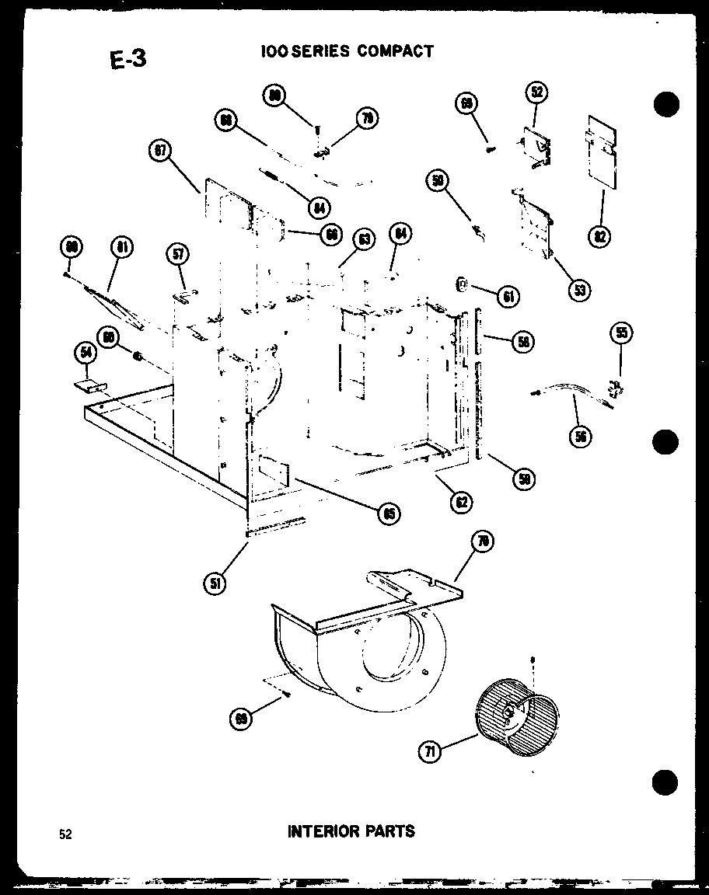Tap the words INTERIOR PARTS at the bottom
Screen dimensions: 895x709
click(x=351, y=831)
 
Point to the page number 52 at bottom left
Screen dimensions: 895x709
click(x=65, y=834)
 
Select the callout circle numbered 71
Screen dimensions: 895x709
click(x=431, y=751)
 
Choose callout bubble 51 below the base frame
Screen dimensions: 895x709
click(x=215, y=583)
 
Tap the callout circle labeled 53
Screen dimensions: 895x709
click(x=578, y=290)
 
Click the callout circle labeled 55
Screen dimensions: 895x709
click(x=621, y=333)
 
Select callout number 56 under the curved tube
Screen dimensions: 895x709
click(x=579, y=436)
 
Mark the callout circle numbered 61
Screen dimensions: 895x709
click(x=508, y=295)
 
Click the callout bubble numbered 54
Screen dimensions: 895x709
click(x=84, y=353)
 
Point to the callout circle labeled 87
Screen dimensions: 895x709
click(x=160, y=151)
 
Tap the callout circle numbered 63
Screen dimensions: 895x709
click(x=361, y=239)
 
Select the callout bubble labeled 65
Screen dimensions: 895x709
click(x=386, y=512)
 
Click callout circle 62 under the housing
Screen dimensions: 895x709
click(x=462, y=503)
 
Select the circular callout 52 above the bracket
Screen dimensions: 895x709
click(x=536, y=92)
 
